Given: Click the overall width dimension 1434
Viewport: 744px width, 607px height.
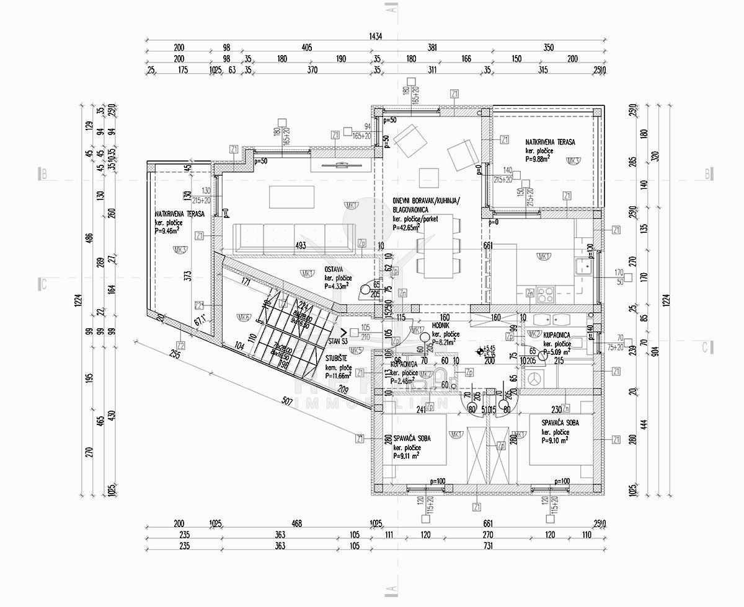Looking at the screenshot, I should point(374,36).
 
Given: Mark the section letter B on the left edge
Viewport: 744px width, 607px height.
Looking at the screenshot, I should point(43,174).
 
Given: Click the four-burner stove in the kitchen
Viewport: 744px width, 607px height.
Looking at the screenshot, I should point(546,291).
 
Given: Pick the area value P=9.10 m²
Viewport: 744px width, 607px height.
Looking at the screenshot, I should point(556,441).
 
